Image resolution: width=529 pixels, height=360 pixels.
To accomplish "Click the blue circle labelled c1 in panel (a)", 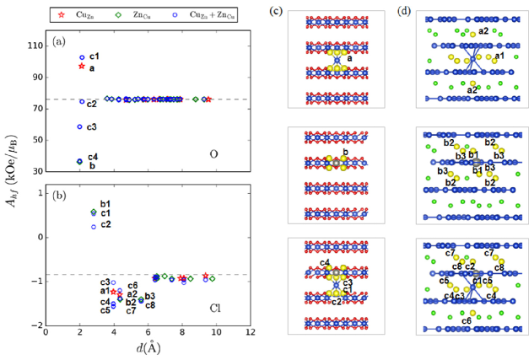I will click(x=82, y=57).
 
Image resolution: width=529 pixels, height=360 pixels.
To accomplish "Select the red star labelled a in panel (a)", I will click(x=81, y=66).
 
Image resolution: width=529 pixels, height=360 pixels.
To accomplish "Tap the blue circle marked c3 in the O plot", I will click(x=80, y=126).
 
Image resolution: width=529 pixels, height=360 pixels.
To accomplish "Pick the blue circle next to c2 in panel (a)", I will click(x=82, y=102).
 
